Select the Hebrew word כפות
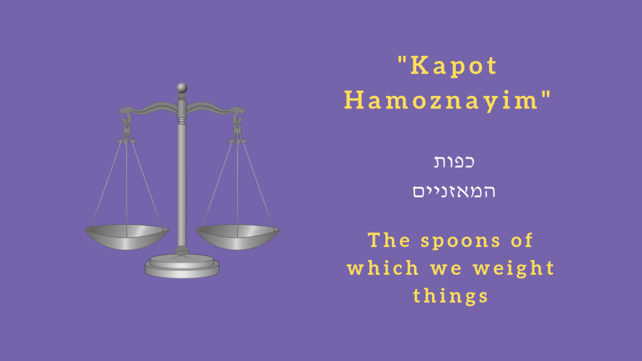click(x=454, y=162)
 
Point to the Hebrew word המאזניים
click(x=454, y=191)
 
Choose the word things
click(x=450, y=295)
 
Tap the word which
click(x=382, y=268)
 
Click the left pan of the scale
click(x=127, y=236)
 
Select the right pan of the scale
click(x=238, y=236)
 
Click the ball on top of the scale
click(x=182, y=87)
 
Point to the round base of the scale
click(x=182, y=266)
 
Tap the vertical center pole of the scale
click(x=182, y=182)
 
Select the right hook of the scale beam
click(x=238, y=116)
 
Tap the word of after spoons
click(x=521, y=241)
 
